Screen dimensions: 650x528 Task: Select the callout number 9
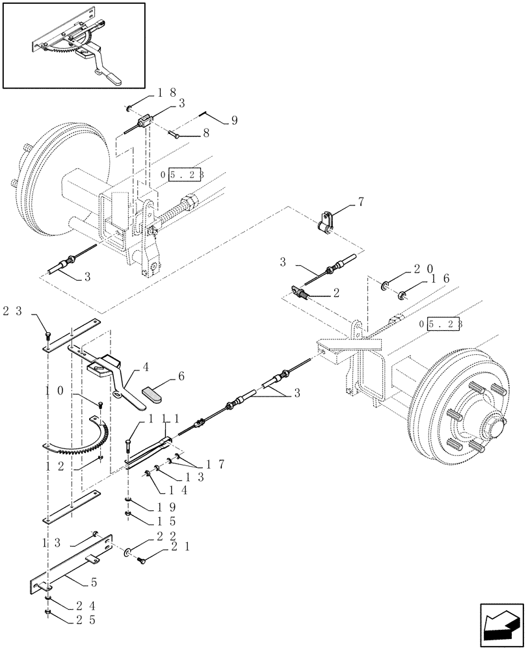pyautogui.click(x=234, y=120)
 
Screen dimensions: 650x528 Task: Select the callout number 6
pyautogui.click(x=181, y=376)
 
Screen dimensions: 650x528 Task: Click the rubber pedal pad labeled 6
pyautogui.click(x=152, y=393)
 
